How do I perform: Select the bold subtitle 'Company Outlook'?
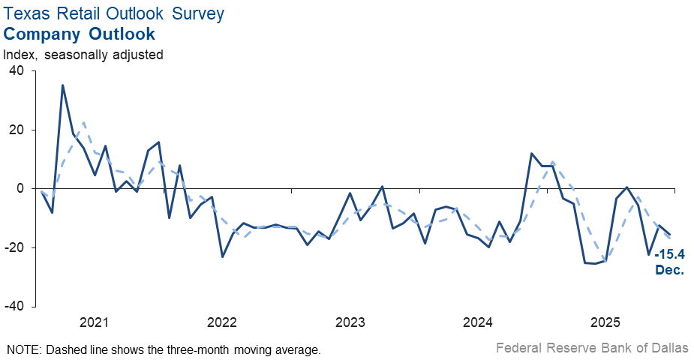[80, 34]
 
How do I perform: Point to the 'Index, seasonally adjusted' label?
[83, 54]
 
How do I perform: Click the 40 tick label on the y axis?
[17, 71]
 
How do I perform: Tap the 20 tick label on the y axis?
[17, 130]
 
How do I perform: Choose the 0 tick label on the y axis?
[21, 189]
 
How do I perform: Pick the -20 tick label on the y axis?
[14, 248]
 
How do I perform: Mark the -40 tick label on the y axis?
[14, 307]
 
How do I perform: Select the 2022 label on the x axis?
[222, 322]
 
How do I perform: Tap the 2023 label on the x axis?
[350, 322]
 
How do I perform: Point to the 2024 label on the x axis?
[478, 322]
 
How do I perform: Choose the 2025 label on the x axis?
[605, 322]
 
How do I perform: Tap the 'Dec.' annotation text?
[669, 270]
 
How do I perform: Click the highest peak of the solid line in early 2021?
[62, 85]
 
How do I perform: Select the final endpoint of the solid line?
[670, 234]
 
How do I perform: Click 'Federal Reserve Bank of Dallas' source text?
[591, 348]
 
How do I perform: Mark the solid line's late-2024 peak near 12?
[531, 154]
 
